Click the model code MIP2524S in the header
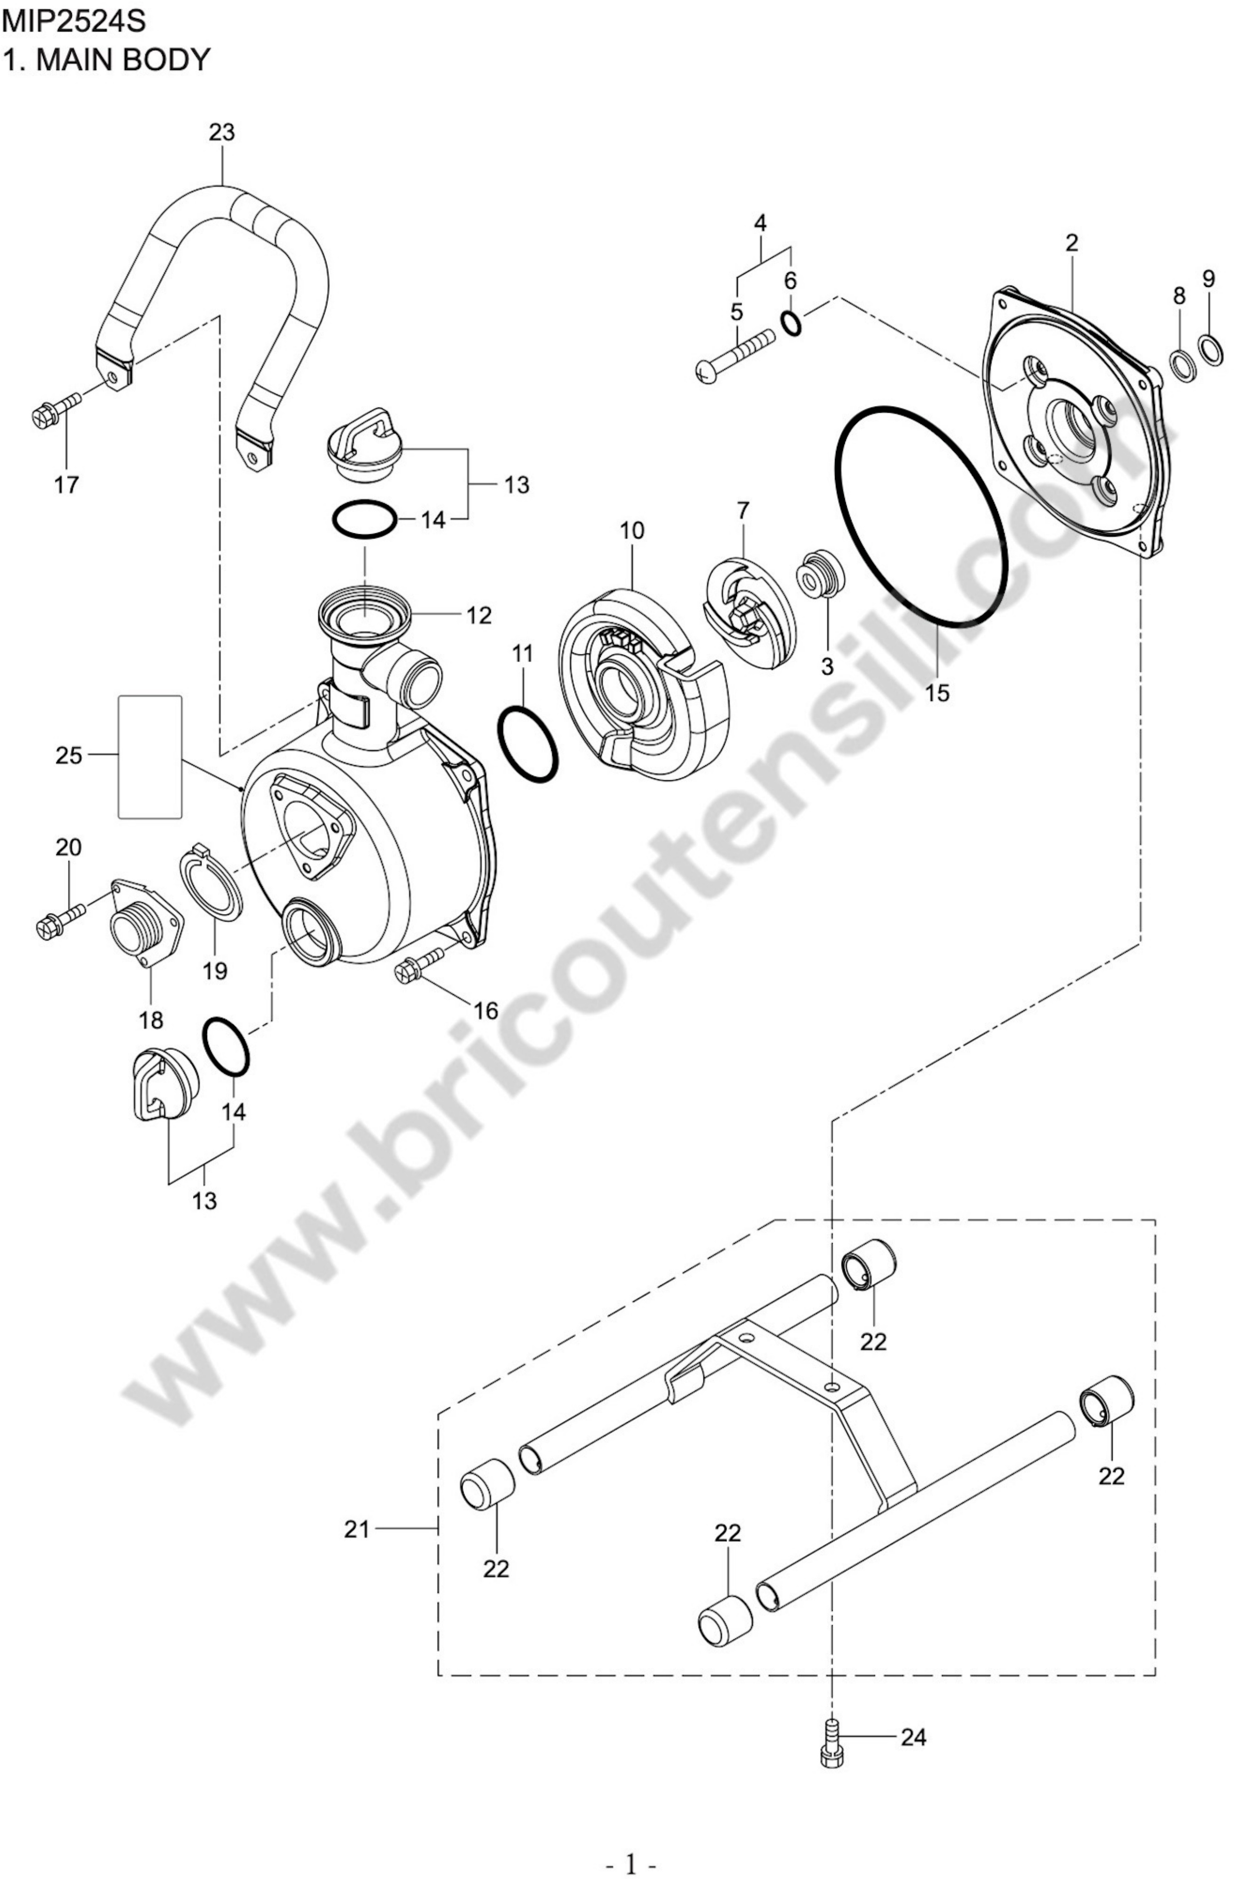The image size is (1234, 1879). (x=74, y=21)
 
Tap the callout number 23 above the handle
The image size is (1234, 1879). (x=222, y=133)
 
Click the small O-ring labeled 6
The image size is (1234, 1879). (x=791, y=322)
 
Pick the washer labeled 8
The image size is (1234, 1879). (x=1181, y=366)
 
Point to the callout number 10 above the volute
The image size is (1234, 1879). (x=632, y=531)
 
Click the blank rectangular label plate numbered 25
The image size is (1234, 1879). (x=150, y=756)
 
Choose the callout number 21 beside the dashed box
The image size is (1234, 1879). (x=357, y=1529)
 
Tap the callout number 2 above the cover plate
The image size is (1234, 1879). (x=1071, y=243)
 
